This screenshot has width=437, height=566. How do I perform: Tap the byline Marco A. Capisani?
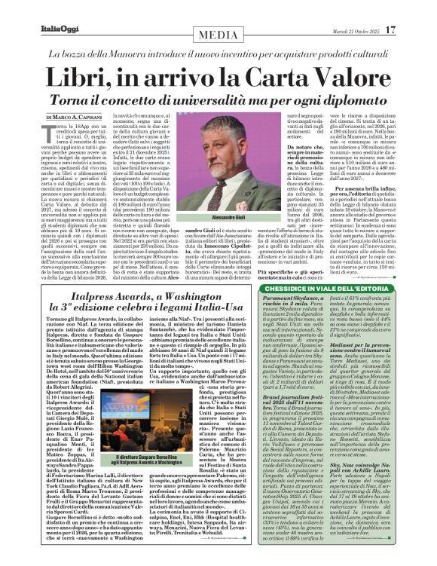pos(78,117)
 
